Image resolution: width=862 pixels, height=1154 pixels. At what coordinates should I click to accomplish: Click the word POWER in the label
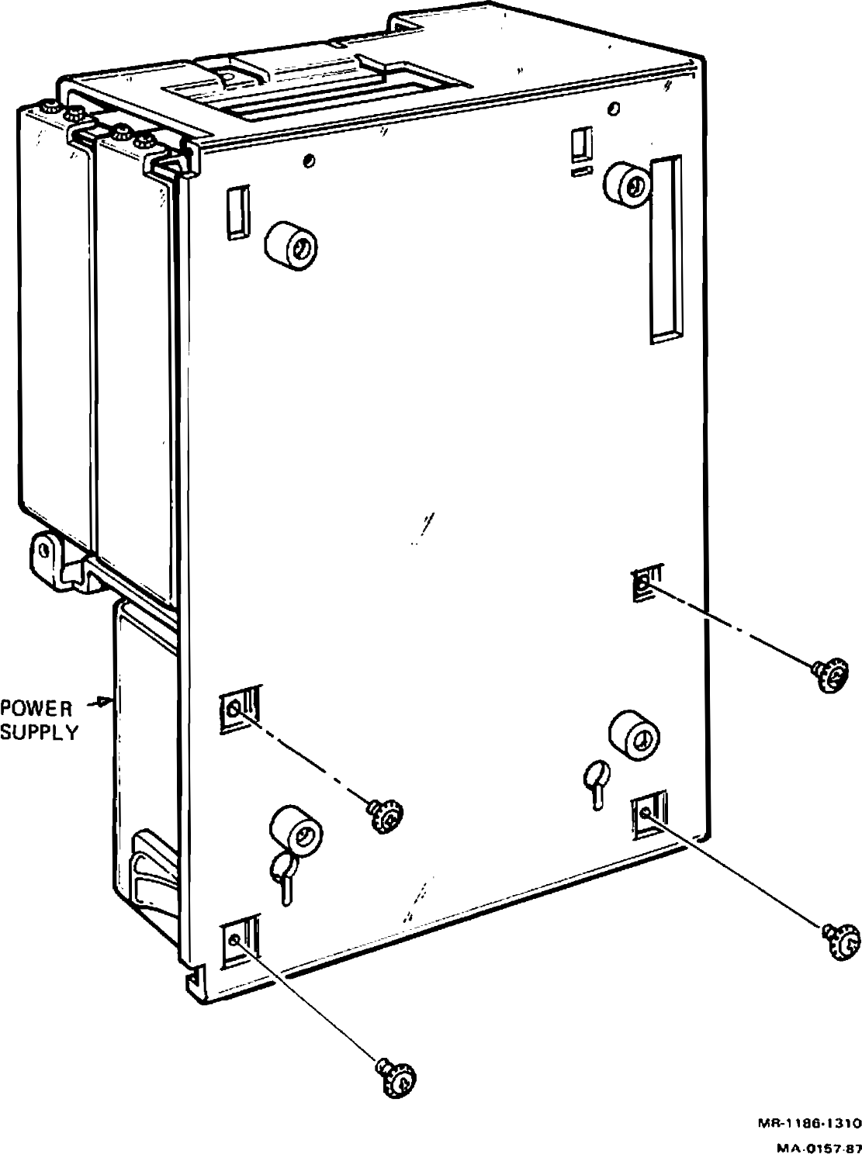[x=36, y=708]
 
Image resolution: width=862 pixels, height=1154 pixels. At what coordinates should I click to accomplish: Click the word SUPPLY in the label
[x=39, y=732]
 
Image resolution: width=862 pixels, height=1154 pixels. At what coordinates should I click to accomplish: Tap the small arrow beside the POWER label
[x=100, y=701]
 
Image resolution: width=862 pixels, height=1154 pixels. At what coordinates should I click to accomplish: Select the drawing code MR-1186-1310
[x=809, y=1109]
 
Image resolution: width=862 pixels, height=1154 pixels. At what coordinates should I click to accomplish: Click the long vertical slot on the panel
[x=665, y=249]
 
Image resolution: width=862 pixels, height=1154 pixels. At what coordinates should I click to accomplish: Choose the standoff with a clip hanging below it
[x=296, y=832]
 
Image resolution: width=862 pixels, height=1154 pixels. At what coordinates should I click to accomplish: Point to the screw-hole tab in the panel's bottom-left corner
[x=239, y=942]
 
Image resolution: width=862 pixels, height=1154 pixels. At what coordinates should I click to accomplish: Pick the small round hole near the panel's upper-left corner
[x=310, y=161]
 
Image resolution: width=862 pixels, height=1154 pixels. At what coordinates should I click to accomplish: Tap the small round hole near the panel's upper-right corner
[x=613, y=109]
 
